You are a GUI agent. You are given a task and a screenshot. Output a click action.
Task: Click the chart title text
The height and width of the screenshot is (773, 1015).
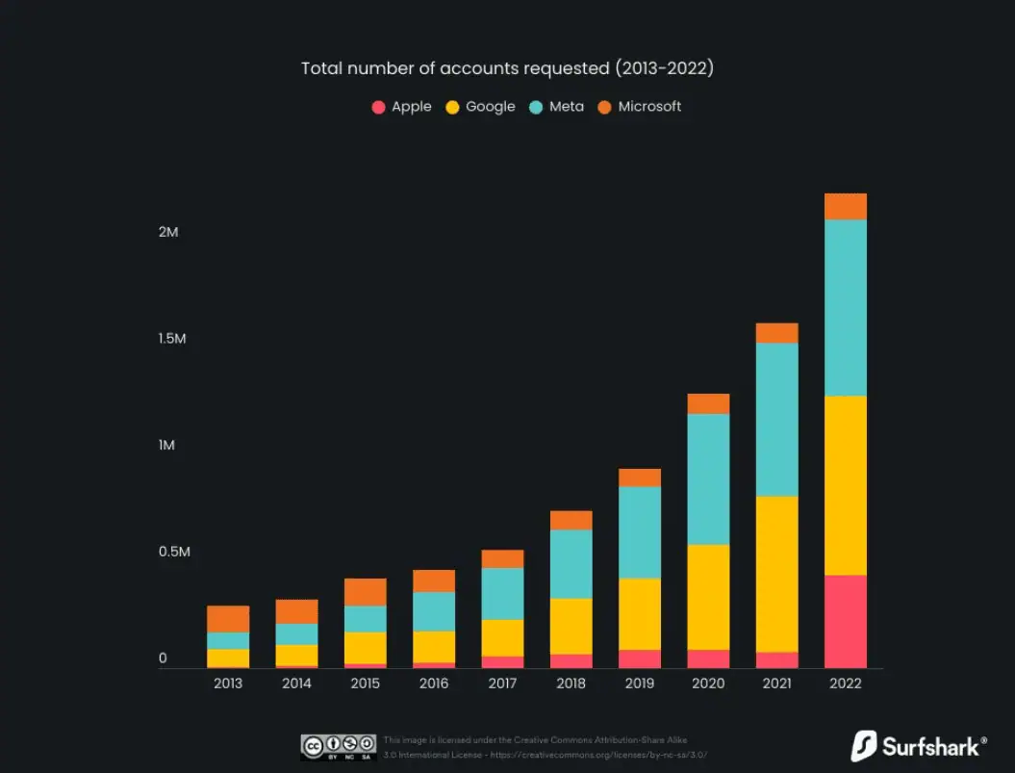(507, 68)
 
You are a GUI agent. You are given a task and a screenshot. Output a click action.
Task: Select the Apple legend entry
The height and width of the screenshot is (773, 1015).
(402, 107)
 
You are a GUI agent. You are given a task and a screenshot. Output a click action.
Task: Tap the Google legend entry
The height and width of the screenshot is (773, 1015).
(481, 107)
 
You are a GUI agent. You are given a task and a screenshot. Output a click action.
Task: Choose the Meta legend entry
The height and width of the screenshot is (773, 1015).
(557, 107)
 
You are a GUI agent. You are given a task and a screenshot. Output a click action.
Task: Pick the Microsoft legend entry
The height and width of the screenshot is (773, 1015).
(640, 107)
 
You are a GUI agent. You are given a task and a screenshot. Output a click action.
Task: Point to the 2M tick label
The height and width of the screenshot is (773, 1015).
(168, 233)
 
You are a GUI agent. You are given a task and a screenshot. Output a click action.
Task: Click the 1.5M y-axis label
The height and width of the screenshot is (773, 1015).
(172, 339)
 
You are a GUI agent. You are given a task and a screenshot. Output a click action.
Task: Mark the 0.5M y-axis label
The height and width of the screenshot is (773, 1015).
(174, 553)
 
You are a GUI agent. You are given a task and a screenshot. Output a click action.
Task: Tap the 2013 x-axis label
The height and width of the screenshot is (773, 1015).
(228, 683)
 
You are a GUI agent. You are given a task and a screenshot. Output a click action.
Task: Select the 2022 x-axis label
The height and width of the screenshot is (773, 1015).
(846, 683)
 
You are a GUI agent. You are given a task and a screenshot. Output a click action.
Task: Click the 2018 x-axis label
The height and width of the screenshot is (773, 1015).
(571, 683)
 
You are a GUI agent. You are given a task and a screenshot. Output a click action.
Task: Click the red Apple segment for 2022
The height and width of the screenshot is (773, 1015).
(846, 621)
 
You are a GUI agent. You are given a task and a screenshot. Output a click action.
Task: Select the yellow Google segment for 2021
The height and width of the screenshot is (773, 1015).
(776, 574)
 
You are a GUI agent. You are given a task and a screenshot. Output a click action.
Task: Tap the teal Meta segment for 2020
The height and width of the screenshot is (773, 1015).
(708, 479)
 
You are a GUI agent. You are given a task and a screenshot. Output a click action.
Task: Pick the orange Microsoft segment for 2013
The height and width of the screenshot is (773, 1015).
(228, 619)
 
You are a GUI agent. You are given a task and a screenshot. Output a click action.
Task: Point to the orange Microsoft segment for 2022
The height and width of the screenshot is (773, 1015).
(846, 207)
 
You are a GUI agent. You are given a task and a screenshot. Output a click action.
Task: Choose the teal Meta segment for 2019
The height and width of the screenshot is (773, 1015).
(640, 532)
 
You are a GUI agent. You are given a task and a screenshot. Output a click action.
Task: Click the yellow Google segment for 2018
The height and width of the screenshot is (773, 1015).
(571, 627)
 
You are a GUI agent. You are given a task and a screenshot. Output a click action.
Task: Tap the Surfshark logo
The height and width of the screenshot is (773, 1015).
(919, 746)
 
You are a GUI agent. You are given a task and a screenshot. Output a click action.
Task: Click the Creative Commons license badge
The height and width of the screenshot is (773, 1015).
(338, 747)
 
